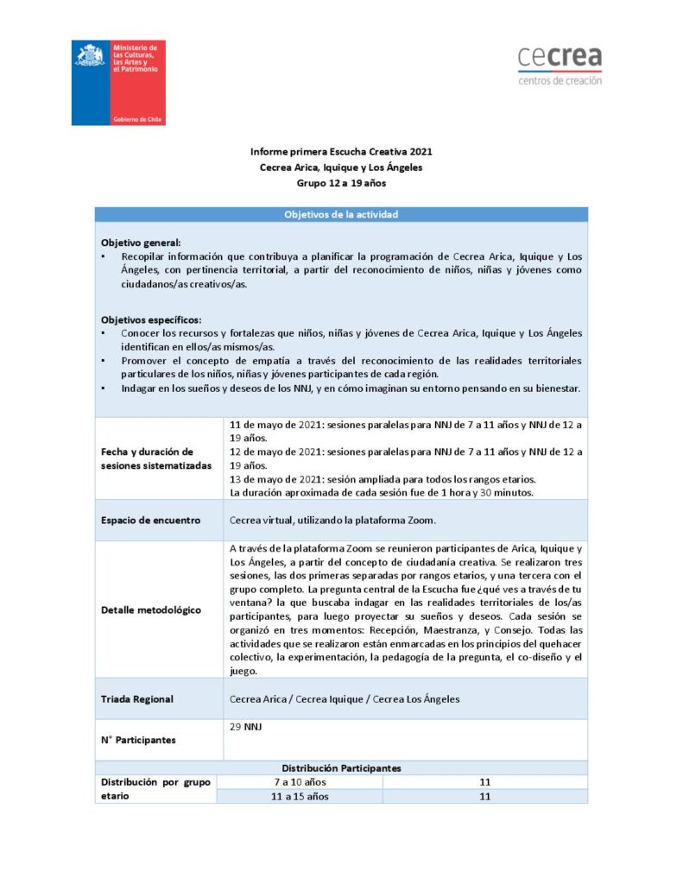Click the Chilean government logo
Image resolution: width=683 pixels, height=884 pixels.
click(118, 82)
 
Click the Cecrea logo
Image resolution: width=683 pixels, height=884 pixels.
click(560, 66)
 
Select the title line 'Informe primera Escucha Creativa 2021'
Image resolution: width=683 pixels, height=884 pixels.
click(341, 152)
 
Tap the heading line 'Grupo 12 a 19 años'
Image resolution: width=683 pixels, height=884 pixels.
click(341, 183)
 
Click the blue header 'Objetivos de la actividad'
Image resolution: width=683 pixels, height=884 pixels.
click(341, 214)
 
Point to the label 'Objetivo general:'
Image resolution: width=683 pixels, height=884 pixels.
click(141, 243)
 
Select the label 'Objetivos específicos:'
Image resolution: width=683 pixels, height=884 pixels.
click(150, 319)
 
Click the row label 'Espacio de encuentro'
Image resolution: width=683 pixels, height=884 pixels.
click(150, 521)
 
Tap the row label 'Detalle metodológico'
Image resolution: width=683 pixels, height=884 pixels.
click(150, 609)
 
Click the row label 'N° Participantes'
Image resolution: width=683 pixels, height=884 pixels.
click(138, 740)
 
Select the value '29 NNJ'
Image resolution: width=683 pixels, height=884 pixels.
click(246, 727)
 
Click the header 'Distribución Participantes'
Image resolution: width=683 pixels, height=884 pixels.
click(341, 767)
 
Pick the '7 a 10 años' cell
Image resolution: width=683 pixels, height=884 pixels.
click(300, 782)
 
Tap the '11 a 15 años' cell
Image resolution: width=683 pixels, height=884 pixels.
click(300, 796)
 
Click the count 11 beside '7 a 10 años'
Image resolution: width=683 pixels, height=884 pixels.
click(484, 782)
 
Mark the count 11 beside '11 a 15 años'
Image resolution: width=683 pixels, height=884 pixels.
click(484, 796)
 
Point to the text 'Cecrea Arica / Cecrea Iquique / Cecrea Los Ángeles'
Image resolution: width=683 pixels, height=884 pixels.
click(345, 698)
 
